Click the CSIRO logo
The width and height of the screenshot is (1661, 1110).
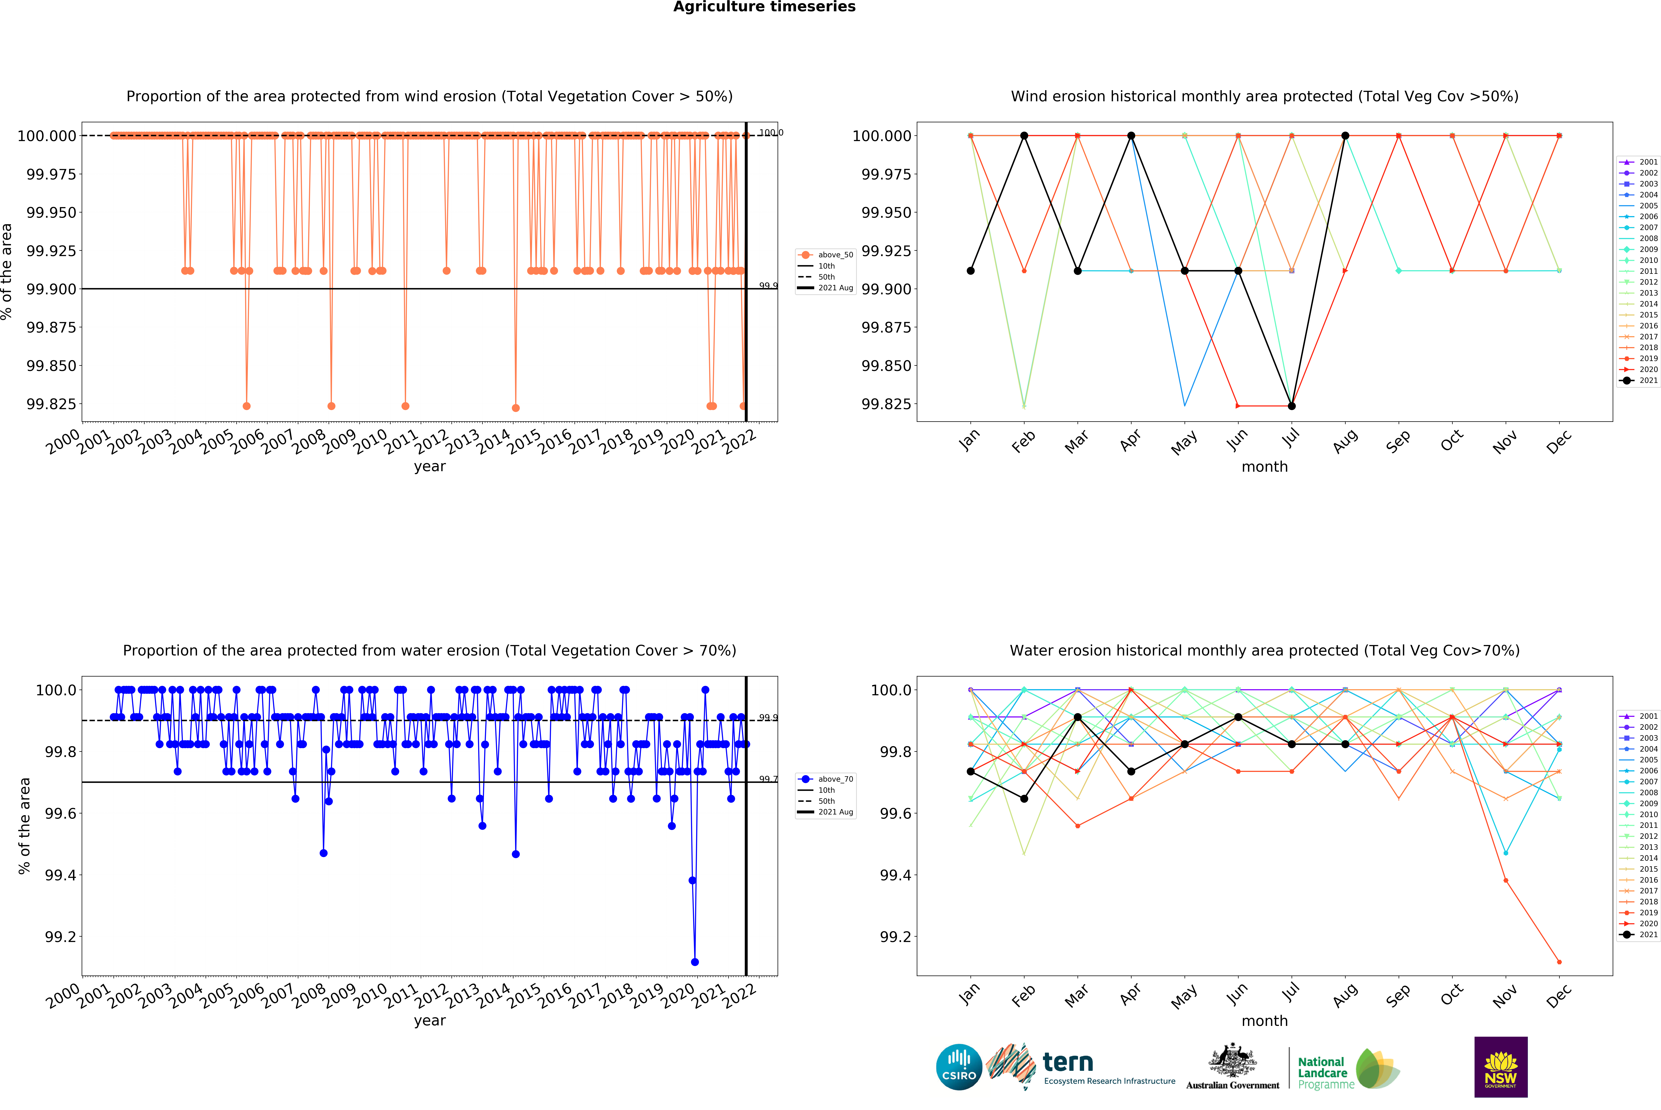coord(959,1067)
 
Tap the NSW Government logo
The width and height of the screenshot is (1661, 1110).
coord(1500,1067)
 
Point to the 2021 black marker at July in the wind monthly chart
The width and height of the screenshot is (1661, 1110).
coord(1291,406)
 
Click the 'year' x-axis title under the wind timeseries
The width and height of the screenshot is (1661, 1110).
coord(430,466)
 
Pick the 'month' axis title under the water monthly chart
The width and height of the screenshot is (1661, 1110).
coord(1264,1021)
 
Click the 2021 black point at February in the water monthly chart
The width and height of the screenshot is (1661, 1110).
coord(1024,798)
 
